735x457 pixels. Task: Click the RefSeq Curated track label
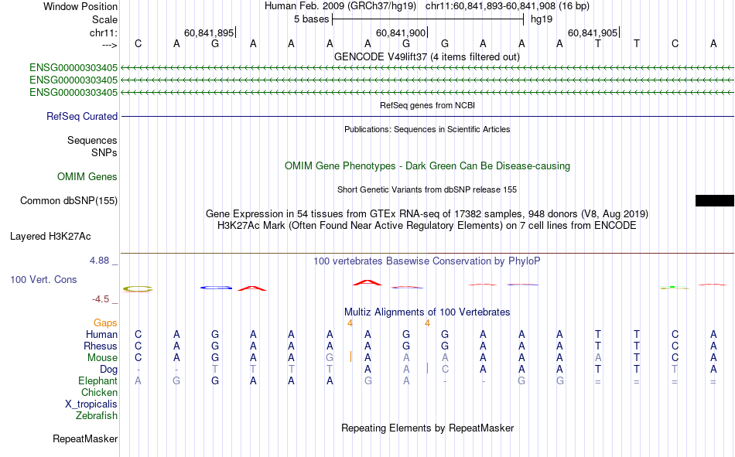[82, 117]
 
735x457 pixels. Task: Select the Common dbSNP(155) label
[68, 201]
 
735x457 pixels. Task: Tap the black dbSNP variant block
[714, 201]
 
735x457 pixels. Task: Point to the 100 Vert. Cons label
[43, 279]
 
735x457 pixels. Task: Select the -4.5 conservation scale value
[102, 298]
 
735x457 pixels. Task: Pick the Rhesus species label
[101, 346]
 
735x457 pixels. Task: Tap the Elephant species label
[97, 381]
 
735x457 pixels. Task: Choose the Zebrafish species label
[97, 416]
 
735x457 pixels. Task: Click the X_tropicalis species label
[91, 404]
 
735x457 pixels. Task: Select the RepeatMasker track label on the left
[85, 439]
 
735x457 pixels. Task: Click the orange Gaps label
[105, 322]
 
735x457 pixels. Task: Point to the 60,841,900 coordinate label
[401, 32]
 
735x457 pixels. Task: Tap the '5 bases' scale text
[311, 19]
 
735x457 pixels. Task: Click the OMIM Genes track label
[87, 177]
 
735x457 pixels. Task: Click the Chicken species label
[98, 393]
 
